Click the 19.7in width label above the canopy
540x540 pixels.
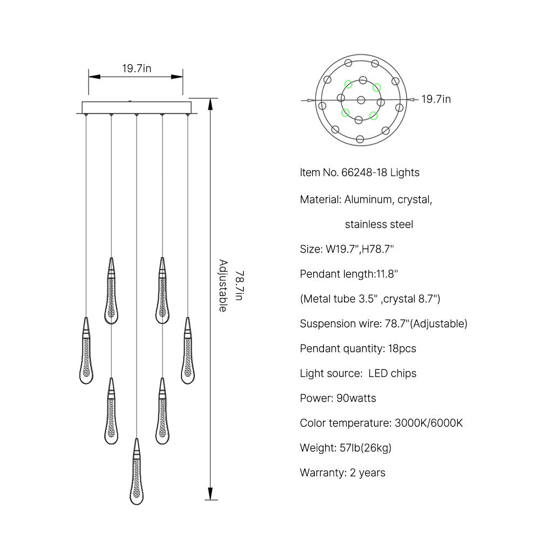coord(137,69)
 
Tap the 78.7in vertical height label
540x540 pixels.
coord(240,286)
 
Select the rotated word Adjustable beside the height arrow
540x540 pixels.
coord(224,286)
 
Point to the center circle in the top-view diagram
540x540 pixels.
coord(361,100)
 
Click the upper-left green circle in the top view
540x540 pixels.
coord(348,84)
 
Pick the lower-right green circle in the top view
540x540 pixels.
coord(374,116)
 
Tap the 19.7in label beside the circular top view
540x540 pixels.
coord(436,99)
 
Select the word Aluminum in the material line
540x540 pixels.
coord(368,200)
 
